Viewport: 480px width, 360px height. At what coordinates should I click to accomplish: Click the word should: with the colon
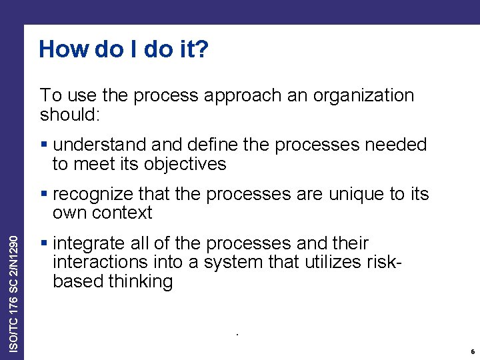tap(70, 115)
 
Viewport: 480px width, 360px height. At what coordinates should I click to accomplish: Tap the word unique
tap(351, 194)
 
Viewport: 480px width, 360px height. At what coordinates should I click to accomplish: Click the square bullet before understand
tap(44, 145)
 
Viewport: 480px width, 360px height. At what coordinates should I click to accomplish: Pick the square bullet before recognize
tap(44, 194)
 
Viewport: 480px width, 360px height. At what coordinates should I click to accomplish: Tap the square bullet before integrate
tap(44, 243)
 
